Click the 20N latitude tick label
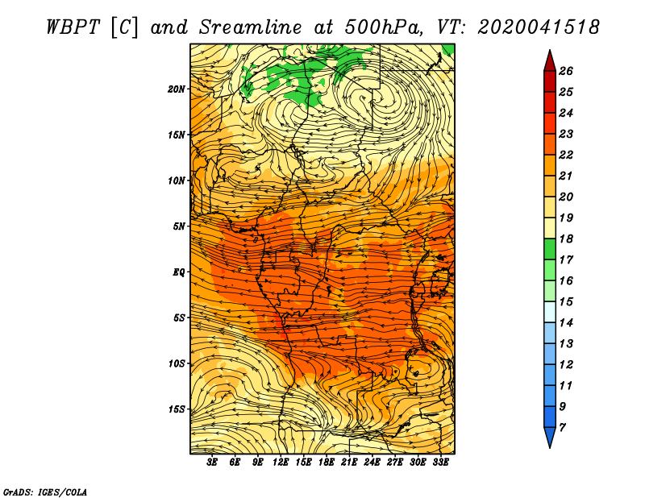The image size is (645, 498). tap(176, 89)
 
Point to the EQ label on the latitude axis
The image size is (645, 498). tap(178, 272)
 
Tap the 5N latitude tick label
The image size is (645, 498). tap(178, 226)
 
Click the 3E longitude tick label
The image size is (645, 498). tap(212, 462)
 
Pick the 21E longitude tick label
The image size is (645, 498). tap(349, 462)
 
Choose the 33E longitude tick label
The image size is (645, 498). tap(440, 462)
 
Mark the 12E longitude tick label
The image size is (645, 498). tap(280, 462)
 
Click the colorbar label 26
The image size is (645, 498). tap(566, 71)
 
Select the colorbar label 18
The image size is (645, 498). tap(566, 239)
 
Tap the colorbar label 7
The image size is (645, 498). tap(562, 428)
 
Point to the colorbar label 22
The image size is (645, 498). tap(566, 155)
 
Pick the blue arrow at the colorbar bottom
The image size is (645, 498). tap(550, 436)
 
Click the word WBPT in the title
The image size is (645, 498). tap(73, 27)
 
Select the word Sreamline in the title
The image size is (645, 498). tap(251, 27)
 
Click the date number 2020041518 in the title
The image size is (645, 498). tap(538, 27)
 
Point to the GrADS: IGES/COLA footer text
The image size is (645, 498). tap(45, 492)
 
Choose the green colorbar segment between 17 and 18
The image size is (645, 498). tap(550, 249)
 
